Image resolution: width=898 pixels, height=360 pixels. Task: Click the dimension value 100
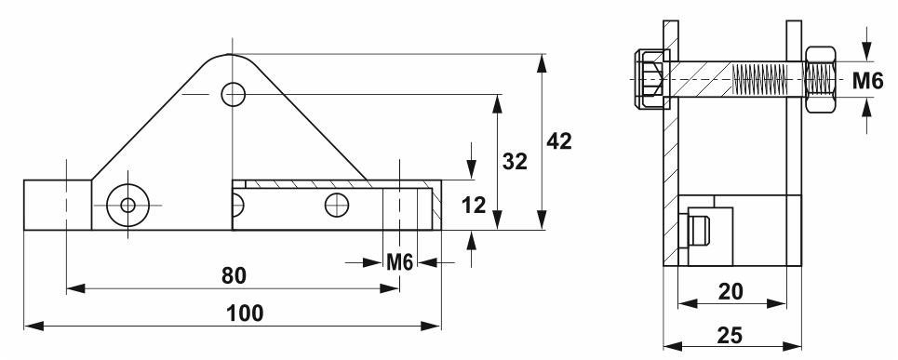click(245, 313)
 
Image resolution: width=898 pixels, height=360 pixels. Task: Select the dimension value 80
click(234, 276)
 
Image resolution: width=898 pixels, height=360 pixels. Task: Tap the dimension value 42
click(559, 140)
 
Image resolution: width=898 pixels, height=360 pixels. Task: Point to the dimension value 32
click(515, 162)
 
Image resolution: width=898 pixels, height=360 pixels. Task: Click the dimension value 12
click(473, 205)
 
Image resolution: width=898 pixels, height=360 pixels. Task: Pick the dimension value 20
click(730, 292)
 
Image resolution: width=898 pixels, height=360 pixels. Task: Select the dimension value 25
click(729, 336)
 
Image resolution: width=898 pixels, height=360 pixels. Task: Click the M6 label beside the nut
click(867, 81)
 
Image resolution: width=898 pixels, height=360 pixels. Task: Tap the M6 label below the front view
click(399, 262)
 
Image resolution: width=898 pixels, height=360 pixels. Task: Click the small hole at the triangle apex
click(233, 94)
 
